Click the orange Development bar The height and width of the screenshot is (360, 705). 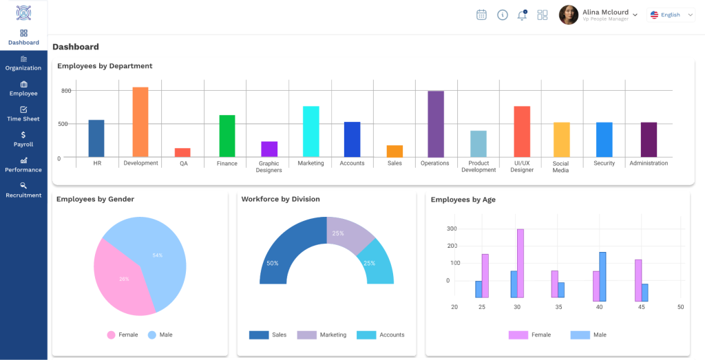[140, 122]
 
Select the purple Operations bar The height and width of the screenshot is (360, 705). [436, 124]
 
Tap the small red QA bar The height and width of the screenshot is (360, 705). [182, 152]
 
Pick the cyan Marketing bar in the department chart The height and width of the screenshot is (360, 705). [311, 131]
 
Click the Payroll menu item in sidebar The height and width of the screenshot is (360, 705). [24, 139]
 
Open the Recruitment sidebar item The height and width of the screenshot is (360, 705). [24, 190]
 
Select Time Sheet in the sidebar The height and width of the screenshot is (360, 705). [24, 114]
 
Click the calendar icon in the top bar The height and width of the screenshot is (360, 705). [481, 15]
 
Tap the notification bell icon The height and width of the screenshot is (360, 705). [522, 15]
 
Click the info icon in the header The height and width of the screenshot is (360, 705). [502, 15]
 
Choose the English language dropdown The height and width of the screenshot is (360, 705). [671, 15]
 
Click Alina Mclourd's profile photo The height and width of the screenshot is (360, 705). [568, 15]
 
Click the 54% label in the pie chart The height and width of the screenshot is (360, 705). [158, 255]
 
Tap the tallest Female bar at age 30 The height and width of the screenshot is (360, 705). [520, 264]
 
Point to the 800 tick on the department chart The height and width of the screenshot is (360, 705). [67, 91]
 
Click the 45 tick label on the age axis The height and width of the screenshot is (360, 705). [642, 307]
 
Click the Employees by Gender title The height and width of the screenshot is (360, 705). [95, 199]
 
